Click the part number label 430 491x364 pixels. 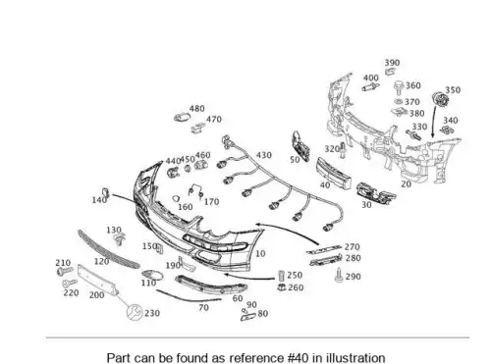[264, 155]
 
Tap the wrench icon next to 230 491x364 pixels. [135, 312]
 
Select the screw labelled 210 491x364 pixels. [65, 271]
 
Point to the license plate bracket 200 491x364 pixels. [97, 280]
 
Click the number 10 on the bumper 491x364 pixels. [260, 253]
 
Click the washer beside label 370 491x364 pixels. [399, 102]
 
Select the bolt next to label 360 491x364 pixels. [399, 87]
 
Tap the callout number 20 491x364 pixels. [406, 184]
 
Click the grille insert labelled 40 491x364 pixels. [334, 173]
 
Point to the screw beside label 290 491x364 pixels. [339, 276]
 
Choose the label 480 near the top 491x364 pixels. [196, 109]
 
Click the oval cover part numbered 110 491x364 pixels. [152, 276]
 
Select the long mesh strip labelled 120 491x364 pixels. [108, 249]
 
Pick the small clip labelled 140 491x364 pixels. [105, 193]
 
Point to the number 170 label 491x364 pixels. [211, 202]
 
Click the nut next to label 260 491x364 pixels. [282, 287]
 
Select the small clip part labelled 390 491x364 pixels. [389, 72]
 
